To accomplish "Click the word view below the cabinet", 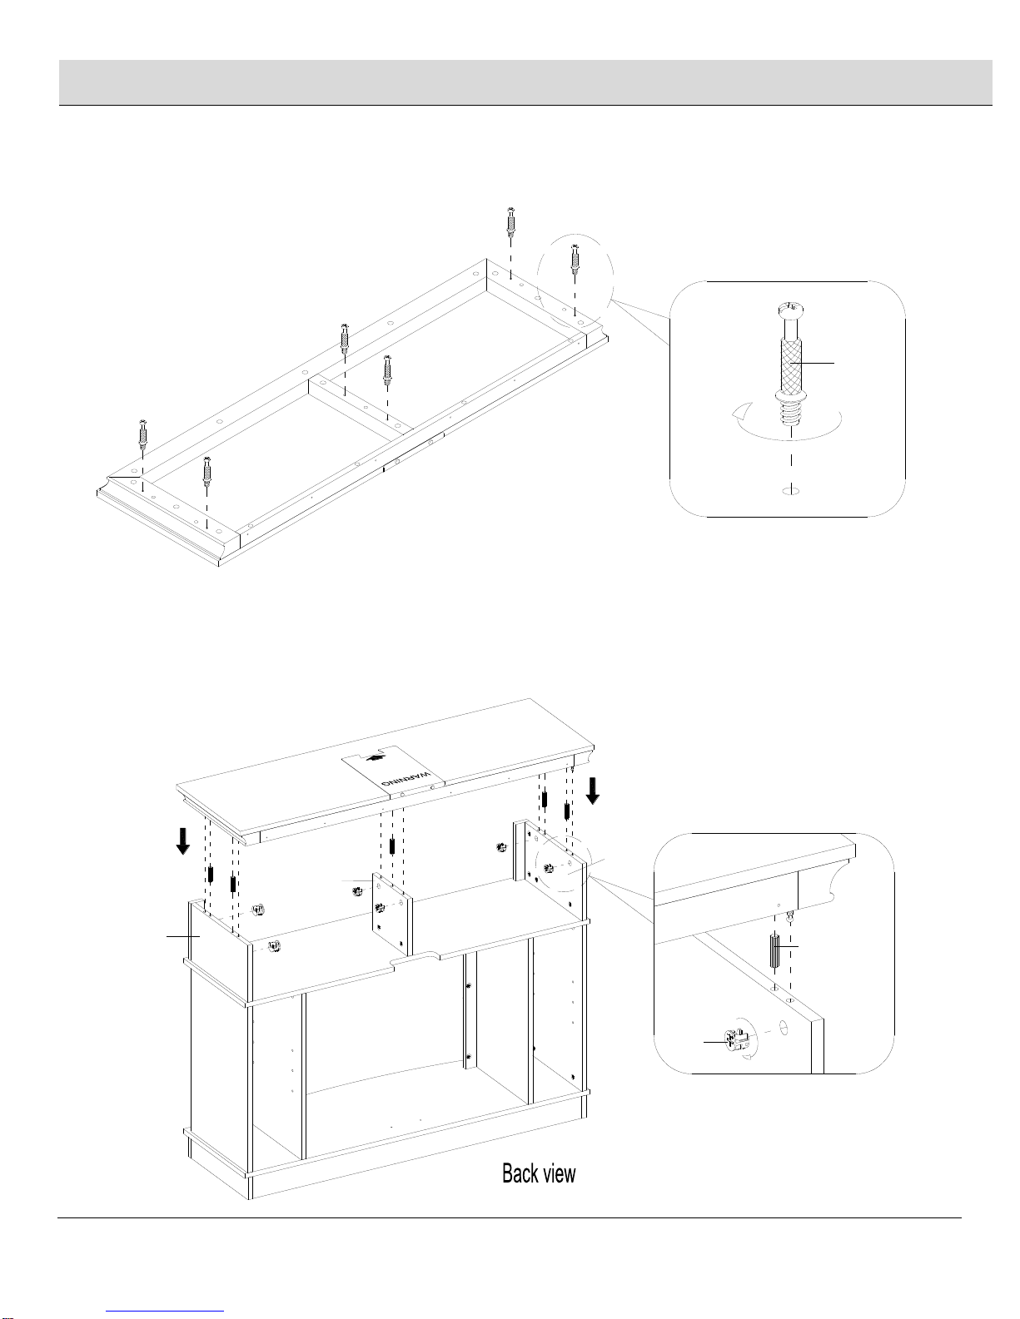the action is pos(558,1173).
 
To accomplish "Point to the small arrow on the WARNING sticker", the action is pos(376,757).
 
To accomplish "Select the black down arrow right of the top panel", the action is pos(593,791).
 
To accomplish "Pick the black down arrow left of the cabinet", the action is pos(182,842).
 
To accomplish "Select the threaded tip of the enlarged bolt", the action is pos(790,413).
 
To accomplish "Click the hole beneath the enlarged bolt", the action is pos(790,490).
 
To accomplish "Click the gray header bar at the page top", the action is pos(525,82).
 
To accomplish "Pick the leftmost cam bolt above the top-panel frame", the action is pos(143,432).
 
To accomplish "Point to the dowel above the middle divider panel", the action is pos(392,845).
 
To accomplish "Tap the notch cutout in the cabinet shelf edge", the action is pos(415,958).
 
